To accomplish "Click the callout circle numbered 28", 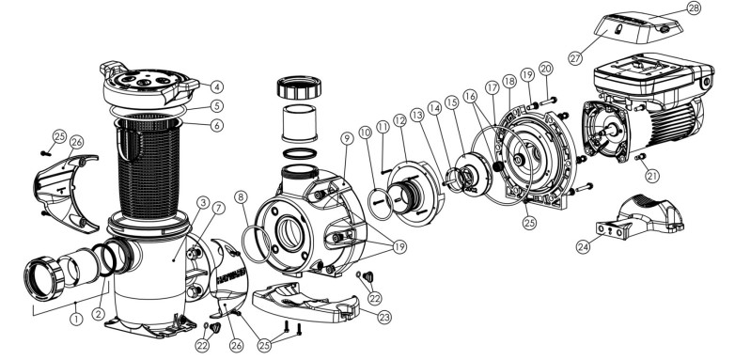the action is [x=694, y=8].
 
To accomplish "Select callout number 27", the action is [x=575, y=58].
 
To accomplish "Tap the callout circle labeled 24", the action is [x=583, y=246].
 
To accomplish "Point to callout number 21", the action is [x=652, y=176].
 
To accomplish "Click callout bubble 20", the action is [x=546, y=69].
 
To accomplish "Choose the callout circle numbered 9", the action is [x=347, y=138].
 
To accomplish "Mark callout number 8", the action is [x=241, y=197].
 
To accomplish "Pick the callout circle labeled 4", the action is [x=216, y=86].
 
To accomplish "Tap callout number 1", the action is [x=76, y=320].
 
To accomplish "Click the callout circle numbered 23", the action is [x=384, y=318].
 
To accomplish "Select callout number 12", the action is [x=399, y=120].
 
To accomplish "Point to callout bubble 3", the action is [x=202, y=202].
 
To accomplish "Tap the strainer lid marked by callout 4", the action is [x=149, y=86].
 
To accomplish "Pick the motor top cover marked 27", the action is [x=638, y=27].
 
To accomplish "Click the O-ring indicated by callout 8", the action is [x=256, y=243].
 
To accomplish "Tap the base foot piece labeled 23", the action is [x=305, y=302].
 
